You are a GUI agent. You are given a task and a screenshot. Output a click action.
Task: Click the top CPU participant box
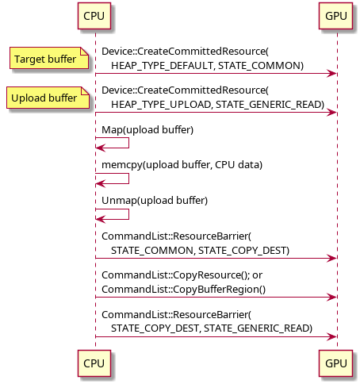[94, 16]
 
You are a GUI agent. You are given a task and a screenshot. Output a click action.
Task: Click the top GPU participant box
[335, 16]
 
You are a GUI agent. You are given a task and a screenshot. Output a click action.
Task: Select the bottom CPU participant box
[94, 363]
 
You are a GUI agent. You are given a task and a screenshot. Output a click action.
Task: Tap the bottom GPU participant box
[335, 363]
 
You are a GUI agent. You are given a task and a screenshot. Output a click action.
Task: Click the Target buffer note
[49, 58]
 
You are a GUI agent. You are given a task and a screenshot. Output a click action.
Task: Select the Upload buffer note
[48, 98]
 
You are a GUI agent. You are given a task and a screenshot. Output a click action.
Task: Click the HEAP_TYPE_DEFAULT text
[163, 66]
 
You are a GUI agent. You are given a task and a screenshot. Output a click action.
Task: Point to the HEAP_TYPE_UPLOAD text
[161, 105]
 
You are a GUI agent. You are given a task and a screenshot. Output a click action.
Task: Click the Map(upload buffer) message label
[147, 130]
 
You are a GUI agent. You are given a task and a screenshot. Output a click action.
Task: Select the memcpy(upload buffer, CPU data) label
[182, 165]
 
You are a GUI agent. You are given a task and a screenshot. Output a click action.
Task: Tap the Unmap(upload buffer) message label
[155, 201]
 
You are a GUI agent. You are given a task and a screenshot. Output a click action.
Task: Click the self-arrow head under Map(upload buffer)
[100, 148]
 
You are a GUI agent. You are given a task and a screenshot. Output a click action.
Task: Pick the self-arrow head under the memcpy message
[100, 183]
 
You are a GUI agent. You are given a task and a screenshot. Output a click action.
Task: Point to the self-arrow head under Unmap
[100, 219]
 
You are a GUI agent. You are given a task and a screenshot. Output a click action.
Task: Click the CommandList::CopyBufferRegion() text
[183, 290]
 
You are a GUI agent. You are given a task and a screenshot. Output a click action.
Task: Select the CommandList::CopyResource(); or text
[182, 275]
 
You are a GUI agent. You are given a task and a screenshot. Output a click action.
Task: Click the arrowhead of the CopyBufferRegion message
[331, 298]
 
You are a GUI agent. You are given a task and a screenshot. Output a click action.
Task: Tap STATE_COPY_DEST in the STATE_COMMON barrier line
[243, 251]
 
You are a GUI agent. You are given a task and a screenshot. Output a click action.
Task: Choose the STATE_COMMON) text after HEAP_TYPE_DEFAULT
[261, 66]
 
